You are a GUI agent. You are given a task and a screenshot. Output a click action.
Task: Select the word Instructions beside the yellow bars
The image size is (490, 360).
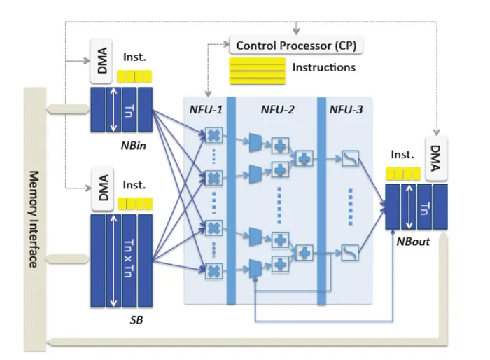click(x=323, y=68)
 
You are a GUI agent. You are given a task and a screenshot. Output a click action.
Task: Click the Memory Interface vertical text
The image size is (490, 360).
click(x=33, y=218)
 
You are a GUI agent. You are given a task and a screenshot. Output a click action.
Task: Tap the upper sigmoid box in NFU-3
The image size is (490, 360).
click(x=350, y=159)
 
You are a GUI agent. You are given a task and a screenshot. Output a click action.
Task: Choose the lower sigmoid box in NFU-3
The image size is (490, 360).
click(x=350, y=250)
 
